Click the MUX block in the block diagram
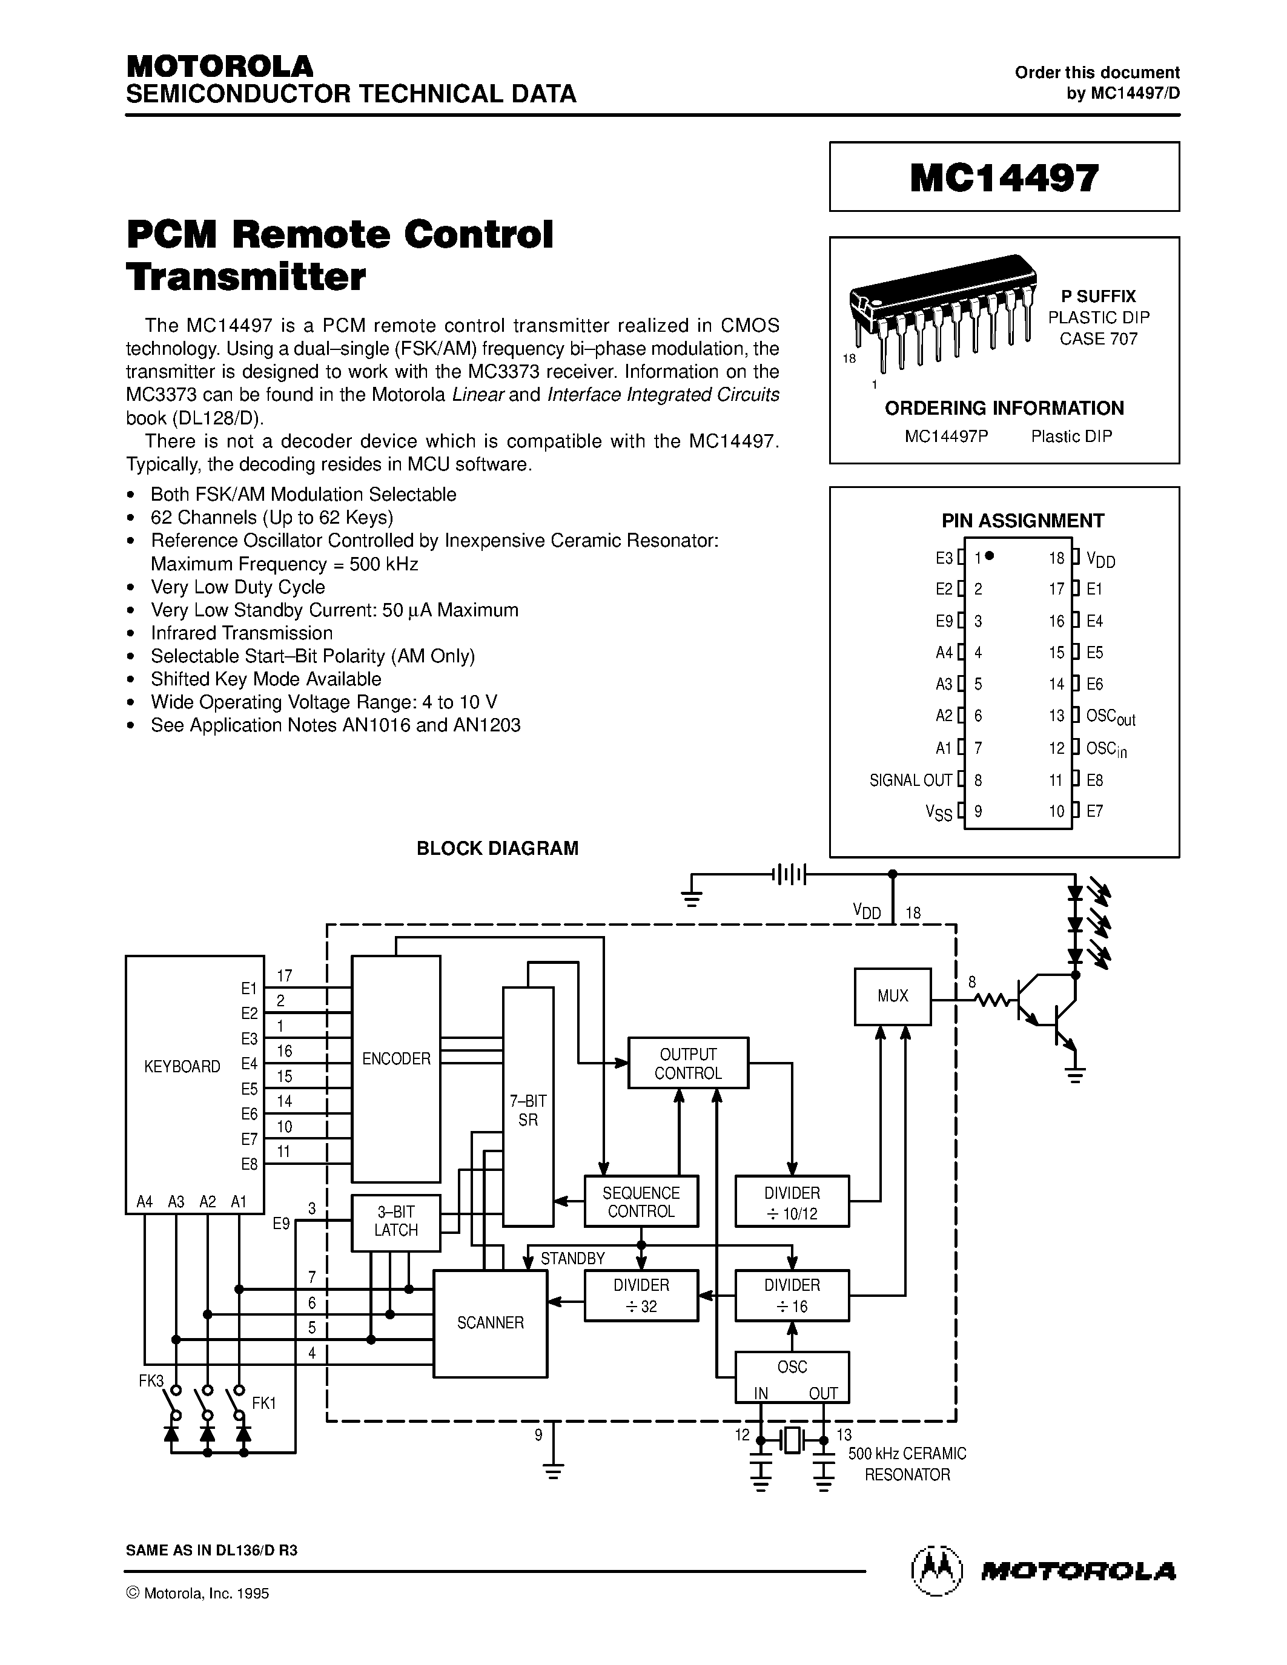pos(892,995)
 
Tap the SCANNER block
pos(490,1323)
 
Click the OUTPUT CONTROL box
pos(688,1063)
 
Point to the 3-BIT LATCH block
pos(395,1223)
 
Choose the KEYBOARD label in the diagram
pos(182,1067)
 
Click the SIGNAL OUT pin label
pos(910,780)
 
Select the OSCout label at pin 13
pos(1110,717)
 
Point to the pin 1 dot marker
pos(990,556)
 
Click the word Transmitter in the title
pos(246,277)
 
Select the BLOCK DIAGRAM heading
pos(497,848)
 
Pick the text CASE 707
pos(1098,338)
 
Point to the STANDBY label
pos(572,1258)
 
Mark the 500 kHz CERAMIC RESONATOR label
pos(907,1464)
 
